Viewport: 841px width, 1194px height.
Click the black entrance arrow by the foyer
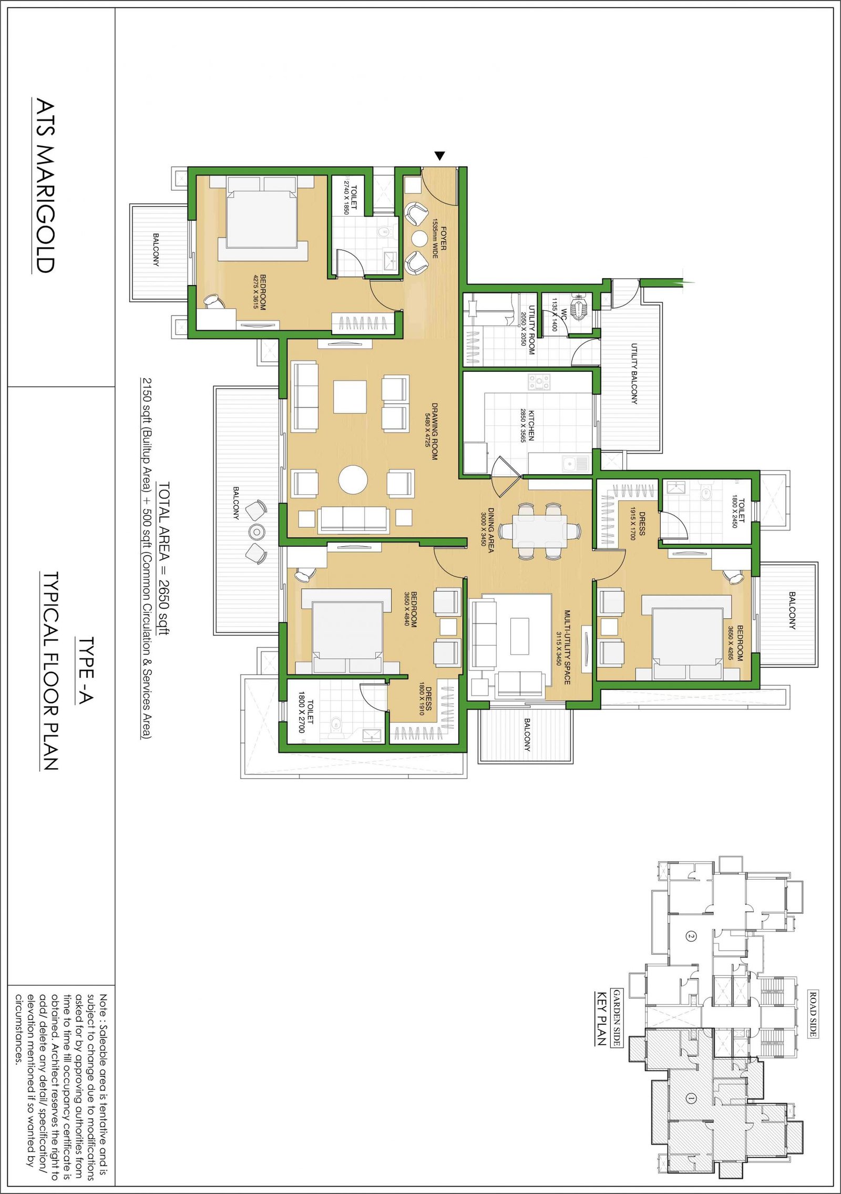point(440,156)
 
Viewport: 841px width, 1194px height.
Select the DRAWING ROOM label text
point(435,431)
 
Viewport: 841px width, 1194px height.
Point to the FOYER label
point(444,238)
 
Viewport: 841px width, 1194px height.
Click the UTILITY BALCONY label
point(634,374)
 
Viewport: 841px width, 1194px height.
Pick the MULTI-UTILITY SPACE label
point(567,647)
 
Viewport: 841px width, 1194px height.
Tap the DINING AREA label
point(491,530)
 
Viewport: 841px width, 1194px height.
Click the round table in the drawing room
point(353,479)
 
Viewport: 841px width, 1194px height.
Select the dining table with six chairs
point(540,531)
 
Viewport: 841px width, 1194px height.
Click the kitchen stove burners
point(539,382)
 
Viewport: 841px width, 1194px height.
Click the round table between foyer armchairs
point(419,239)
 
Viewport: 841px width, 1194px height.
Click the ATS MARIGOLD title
point(45,186)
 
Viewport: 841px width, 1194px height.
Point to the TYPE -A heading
point(86,670)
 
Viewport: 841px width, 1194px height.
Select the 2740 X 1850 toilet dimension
point(346,197)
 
